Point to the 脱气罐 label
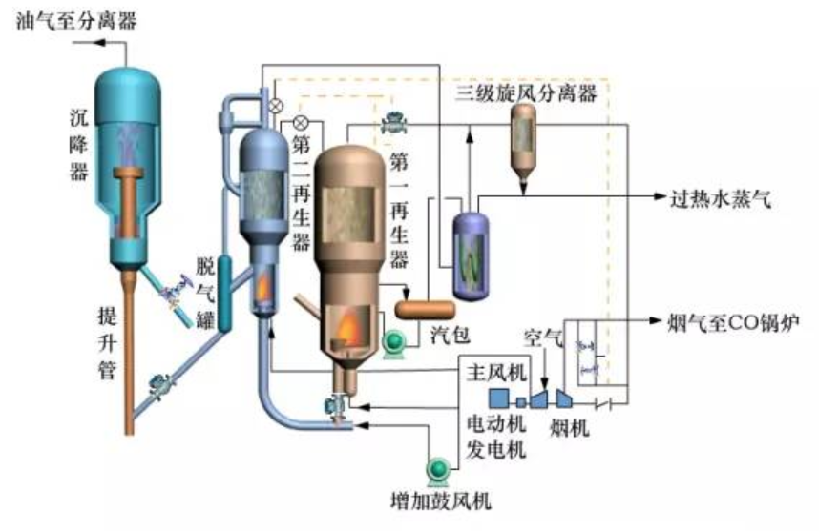(204, 291)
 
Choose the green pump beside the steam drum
(393, 343)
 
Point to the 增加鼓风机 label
(441, 500)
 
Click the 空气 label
(544, 337)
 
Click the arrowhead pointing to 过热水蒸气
(659, 197)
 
